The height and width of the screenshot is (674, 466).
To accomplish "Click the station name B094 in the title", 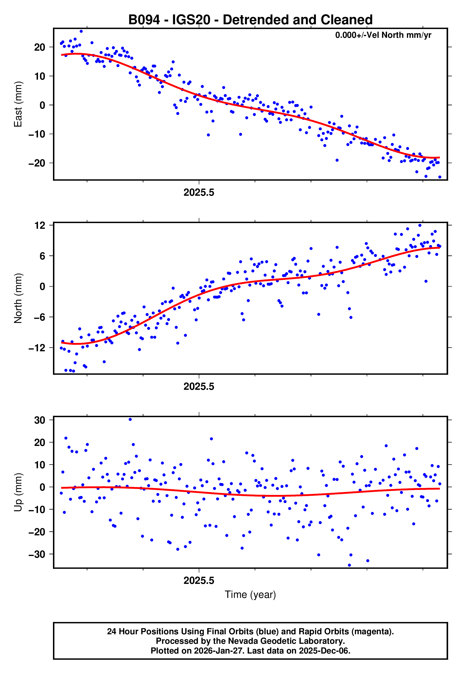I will coord(144,20).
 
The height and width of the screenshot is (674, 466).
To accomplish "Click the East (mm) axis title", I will coord(18,104).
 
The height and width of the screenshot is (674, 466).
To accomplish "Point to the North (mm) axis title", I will coord(18,298).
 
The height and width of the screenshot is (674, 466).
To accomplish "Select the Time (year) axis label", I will coord(250,595).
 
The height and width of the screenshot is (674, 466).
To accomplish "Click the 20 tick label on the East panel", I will coord(40,47).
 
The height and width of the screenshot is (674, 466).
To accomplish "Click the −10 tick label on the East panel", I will coord(37,134).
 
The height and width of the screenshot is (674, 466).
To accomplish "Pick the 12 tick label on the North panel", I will coord(40,225).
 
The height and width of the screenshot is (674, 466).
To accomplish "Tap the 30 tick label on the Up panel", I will coord(40,420).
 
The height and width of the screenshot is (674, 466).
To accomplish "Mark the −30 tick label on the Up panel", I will coord(37,554).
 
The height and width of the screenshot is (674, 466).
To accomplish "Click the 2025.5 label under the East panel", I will coord(199,193).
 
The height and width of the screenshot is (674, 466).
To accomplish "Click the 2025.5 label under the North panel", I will coord(199,387).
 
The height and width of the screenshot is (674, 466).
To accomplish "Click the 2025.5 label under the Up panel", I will coord(199,581).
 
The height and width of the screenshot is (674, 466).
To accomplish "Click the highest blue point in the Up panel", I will coord(130,420).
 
